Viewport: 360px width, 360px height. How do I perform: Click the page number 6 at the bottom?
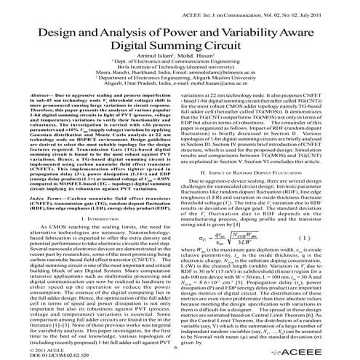tap(176, 348)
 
